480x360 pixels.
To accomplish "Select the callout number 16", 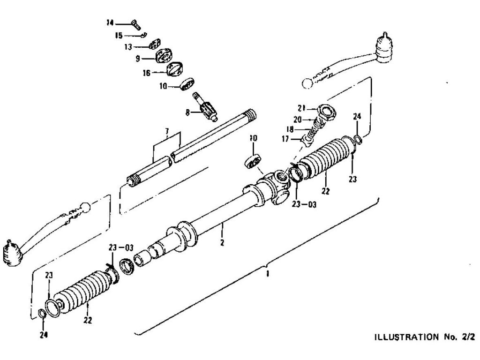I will pyautogui.click(x=146, y=73).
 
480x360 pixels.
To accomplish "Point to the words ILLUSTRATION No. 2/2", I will pyautogui.click(x=424, y=337).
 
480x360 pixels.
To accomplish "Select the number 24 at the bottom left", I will pyautogui.click(x=43, y=335).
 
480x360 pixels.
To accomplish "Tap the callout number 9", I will pyautogui.click(x=138, y=59).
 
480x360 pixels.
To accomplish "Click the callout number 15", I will pyautogui.click(x=119, y=35).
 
